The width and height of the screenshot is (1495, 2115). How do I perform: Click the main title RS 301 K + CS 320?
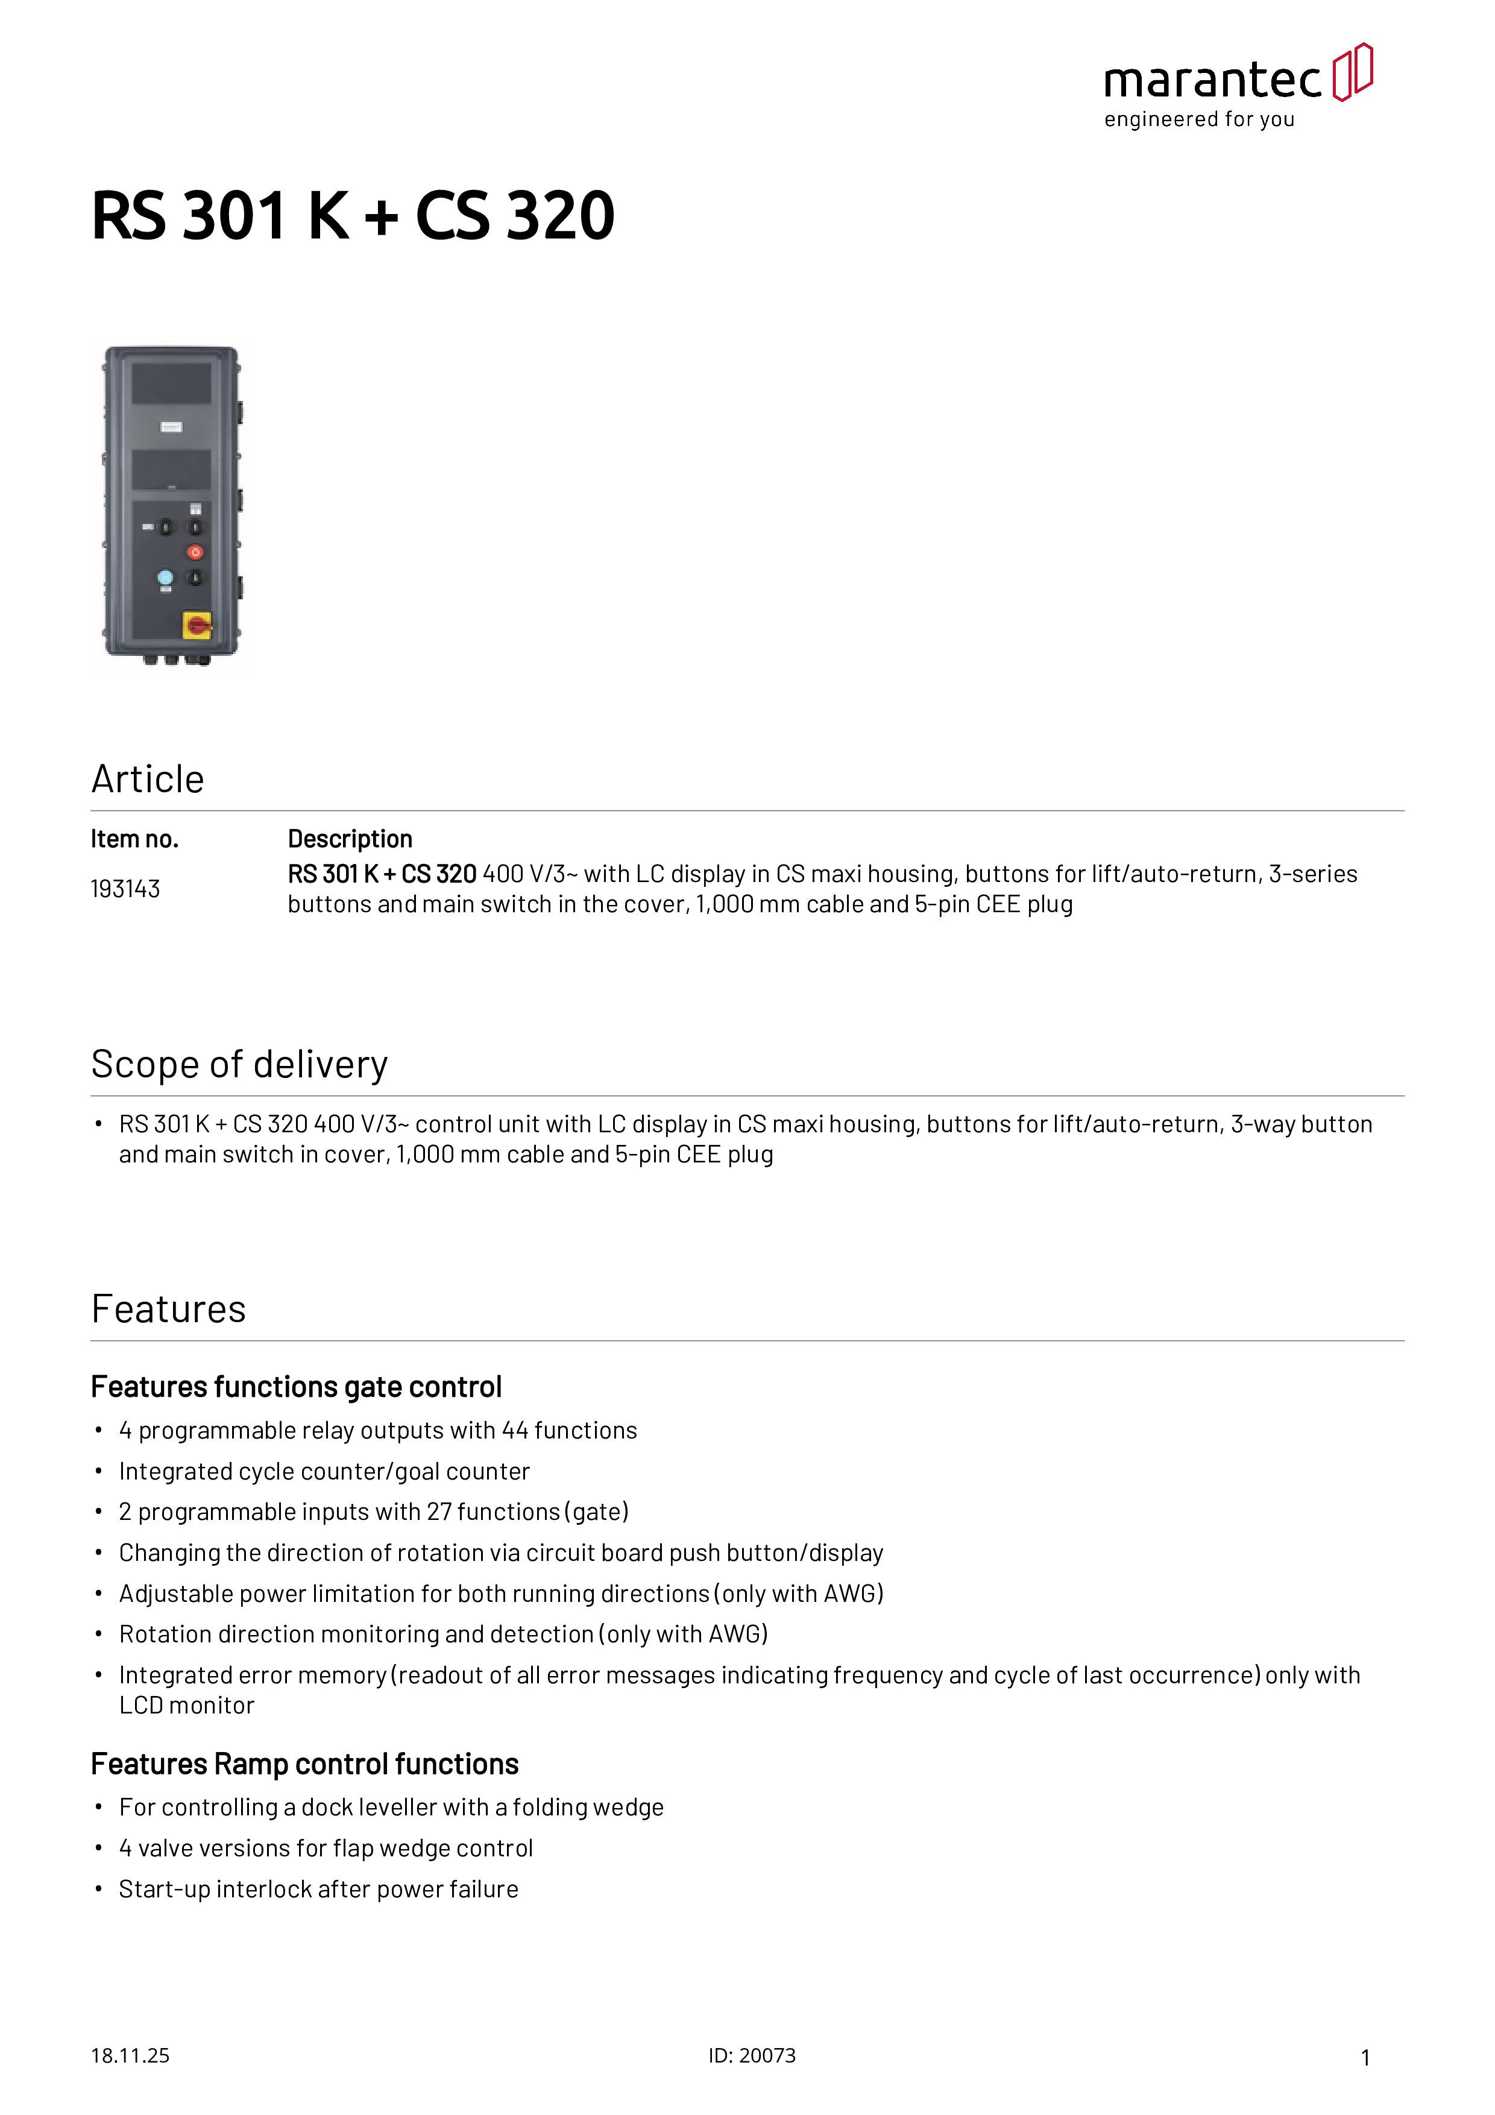click(x=353, y=216)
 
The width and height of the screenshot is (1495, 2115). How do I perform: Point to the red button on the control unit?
click(x=195, y=552)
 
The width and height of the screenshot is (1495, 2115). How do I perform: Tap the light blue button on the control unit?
click(x=165, y=578)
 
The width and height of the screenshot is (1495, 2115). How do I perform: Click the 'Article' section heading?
click(x=147, y=780)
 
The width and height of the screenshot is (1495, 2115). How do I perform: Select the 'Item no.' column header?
click(x=134, y=839)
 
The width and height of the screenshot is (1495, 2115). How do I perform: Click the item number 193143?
click(x=125, y=889)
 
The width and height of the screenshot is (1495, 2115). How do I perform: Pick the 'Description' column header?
click(x=350, y=839)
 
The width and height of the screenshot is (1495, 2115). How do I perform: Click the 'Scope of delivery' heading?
click(x=239, y=1065)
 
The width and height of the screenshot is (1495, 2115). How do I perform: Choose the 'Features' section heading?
click(x=169, y=1309)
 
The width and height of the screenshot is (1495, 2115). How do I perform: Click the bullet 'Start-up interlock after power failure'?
click(x=319, y=1890)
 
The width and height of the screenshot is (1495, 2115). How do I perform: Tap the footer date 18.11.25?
click(x=130, y=2055)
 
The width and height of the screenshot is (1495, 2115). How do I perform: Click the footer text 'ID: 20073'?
click(x=752, y=2055)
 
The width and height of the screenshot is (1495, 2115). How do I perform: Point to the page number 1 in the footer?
click(x=1365, y=2057)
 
